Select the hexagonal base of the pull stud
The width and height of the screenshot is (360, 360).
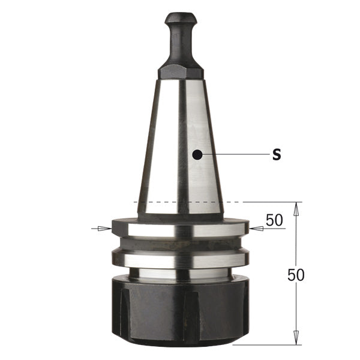[180, 73]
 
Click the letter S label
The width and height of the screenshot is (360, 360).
[277, 155]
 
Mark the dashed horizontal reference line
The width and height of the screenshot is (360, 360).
[180, 202]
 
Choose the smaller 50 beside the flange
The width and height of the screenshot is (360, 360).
[274, 220]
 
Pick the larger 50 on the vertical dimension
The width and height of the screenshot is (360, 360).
[296, 275]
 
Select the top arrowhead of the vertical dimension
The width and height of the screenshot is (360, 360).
[296, 208]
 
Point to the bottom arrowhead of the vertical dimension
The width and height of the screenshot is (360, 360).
[296, 339]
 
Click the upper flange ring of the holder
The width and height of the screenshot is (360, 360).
[180, 229]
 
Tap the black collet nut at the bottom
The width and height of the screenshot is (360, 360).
[180, 312]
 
